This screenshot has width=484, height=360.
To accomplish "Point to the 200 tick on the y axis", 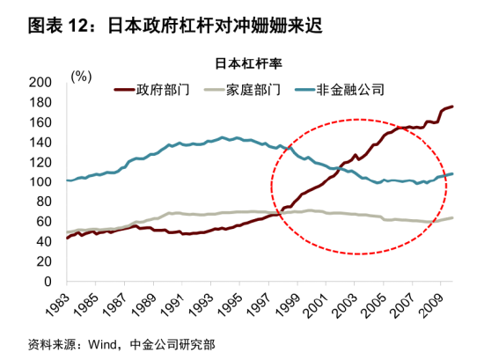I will (x=40, y=82).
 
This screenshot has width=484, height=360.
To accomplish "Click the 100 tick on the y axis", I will (x=40, y=181).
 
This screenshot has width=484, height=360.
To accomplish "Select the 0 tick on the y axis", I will (x=48, y=282).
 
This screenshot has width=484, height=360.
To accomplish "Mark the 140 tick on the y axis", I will (x=40, y=142).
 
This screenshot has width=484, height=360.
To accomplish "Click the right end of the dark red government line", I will (x=452, y=107).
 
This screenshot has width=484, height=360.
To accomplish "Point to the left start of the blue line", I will (x=68, y=180).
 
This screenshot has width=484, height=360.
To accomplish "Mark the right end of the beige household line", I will (x=452, y=217).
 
